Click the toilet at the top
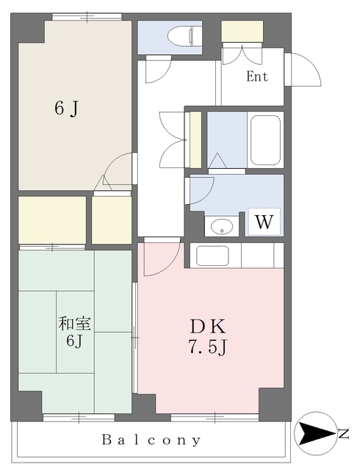click(x=183, y=36)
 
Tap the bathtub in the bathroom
click(x=265, y=140)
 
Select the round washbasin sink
click(x=222, y=227)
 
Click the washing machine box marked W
click(x=264, y=222)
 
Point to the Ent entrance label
click(x=257, y=76)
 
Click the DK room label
click(x=208, y=326)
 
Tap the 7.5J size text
click(x=208, y=347)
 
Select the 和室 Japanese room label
click(x=74, y=324)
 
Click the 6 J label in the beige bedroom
click(x=66, y=108)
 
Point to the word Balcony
click(x=151, y=440)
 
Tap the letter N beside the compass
click(x=344, y=433)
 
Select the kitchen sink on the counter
click(x=212, y=256)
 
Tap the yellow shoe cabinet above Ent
click(x=242, y=31)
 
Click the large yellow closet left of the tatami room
click(x=52, y=220)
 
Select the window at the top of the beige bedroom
click(x=87, y=17)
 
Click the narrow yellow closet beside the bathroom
click(x=195, y=140)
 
